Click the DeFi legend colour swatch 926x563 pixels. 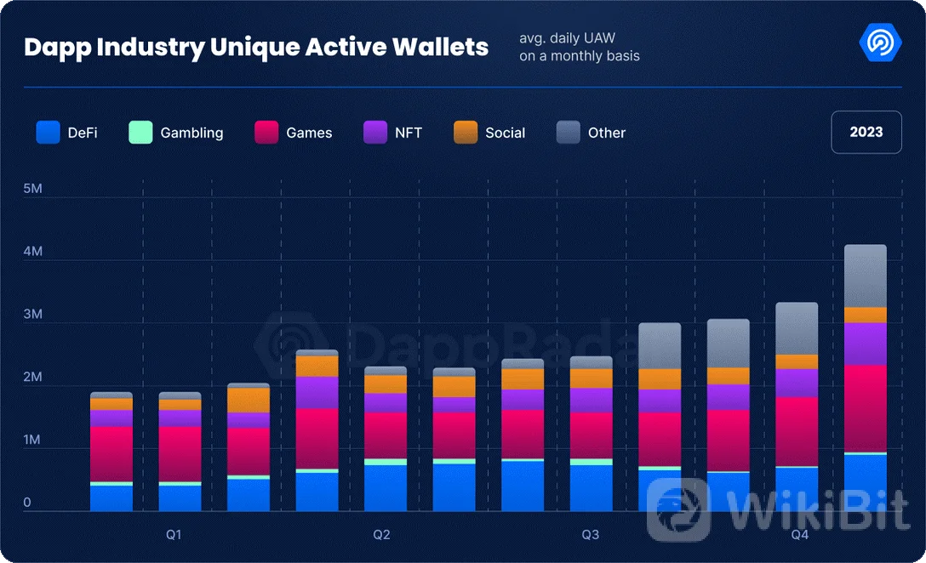coord(49,133)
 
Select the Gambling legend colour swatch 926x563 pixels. coord(140,133)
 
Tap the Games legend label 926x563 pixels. coord(309,133)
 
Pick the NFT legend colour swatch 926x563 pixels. coord(376,133)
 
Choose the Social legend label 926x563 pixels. coord(505,133)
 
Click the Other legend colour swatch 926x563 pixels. coord(569,133)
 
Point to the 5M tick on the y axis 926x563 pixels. coord(33,189)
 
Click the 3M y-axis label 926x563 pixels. coord(33,315)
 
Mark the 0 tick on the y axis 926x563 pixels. coord(27,503)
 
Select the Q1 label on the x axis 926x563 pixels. coord(174,535)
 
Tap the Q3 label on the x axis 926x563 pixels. coord(590,535)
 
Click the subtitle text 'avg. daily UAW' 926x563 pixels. coord(567,39)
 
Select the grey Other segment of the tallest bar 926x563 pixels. coord(866,276)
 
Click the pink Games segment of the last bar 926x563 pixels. coord(866,408)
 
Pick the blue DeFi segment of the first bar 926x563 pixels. coord(111,498)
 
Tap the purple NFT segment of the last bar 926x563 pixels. coord(866,344)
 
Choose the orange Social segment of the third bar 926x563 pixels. coord(249,400)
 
